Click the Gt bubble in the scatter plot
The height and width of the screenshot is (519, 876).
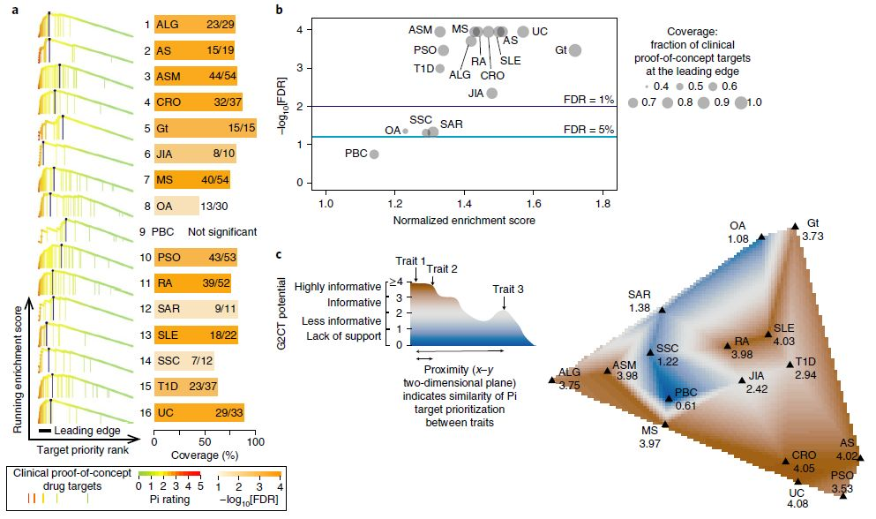click(575, 50)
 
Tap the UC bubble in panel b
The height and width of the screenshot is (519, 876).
click(523, 32)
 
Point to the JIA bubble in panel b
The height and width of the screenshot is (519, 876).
click(492, 93)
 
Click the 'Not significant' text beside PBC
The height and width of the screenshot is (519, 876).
click(221, 232)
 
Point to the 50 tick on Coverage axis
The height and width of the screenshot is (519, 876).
click(205, 439)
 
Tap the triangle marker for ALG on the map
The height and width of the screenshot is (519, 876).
click(552, 380)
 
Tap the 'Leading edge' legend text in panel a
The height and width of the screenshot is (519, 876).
click(85, 431)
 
